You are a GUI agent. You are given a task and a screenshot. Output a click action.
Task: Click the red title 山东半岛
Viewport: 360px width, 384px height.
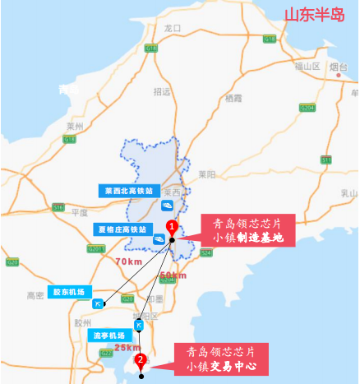[x=313, y=15]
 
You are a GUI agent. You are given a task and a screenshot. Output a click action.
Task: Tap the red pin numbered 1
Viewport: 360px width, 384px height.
[x=171, y=226]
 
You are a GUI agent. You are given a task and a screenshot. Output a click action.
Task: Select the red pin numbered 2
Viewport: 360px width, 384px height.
[x=141, y=359]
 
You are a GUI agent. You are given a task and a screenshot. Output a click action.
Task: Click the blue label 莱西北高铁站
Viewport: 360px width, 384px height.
[x=123, y=190]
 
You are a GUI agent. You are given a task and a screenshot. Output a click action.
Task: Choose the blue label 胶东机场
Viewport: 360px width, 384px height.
[x=70, y=291]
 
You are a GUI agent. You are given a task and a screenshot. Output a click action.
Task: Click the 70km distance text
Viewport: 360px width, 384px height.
[x=128, y=261]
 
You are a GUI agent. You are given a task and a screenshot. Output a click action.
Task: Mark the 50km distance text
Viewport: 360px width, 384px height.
[x=173, y=275]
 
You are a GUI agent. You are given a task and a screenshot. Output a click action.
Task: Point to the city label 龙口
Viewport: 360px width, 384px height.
[x=172, y=28]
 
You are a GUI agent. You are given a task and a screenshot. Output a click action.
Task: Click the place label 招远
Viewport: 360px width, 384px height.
[x=162, y=91]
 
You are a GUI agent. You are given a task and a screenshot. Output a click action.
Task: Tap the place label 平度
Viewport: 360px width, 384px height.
[x=80, y=211]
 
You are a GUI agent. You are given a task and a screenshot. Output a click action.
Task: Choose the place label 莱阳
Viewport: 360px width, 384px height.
[x=206, y=174]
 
